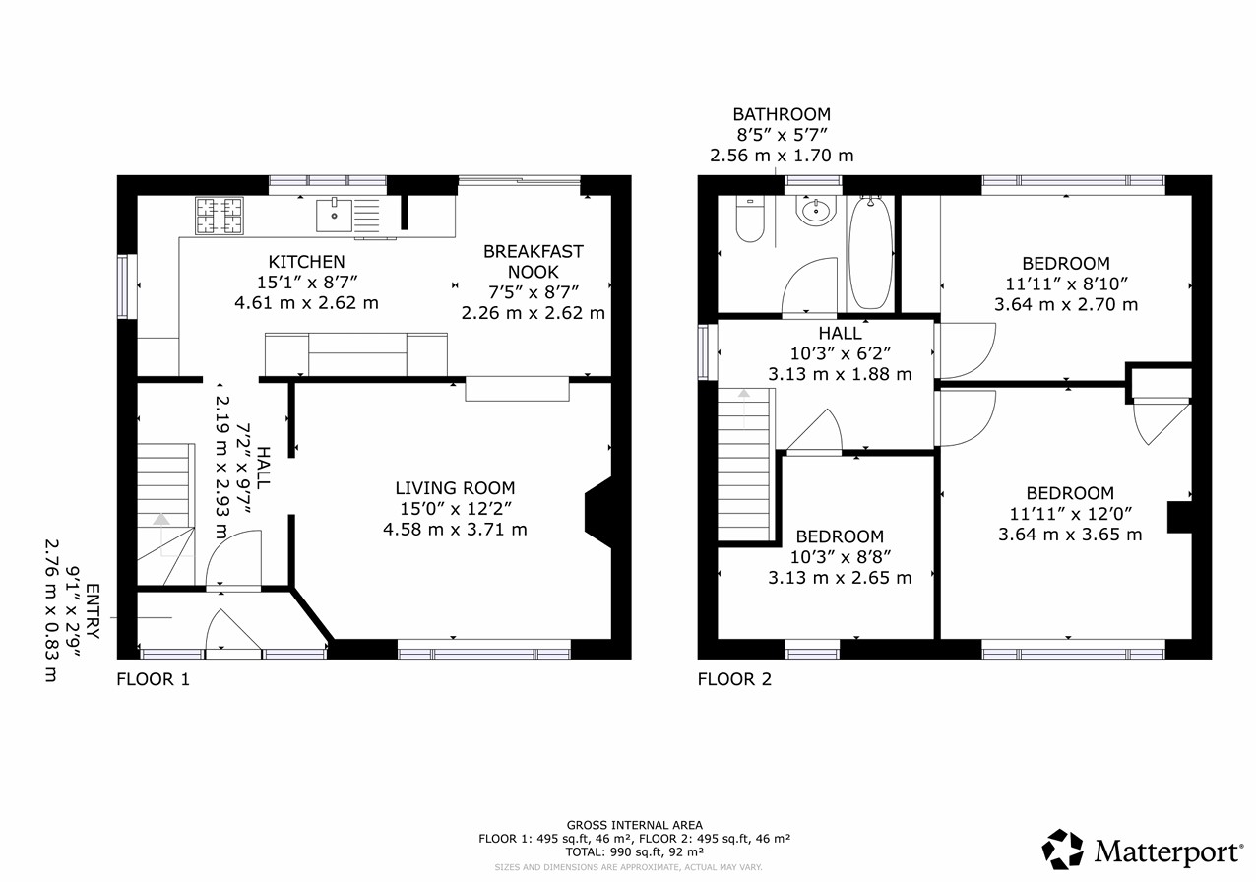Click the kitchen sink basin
coord(335,216)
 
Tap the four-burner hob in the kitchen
coord(220,216)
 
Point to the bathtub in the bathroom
coord(870,252)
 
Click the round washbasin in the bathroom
coord(816,211)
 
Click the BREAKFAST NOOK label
coord(534,261)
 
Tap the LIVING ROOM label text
coord(455,488)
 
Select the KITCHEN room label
coord(306,262)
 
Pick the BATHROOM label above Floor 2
coord(782,114)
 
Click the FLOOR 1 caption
coord(154,679)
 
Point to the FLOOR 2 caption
coord(734,679)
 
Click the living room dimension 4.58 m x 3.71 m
coord(455,530)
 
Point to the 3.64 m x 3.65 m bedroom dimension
coord(1070,535)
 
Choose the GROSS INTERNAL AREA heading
coord(634,825)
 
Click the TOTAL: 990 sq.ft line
coord(634,851)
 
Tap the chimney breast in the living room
coord(598,512)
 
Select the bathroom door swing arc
coord(802,275)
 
